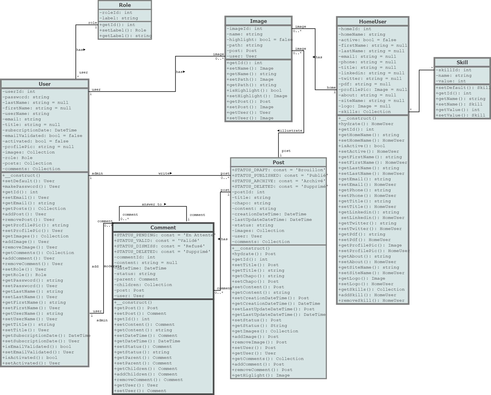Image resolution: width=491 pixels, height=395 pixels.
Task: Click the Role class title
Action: (125, 5)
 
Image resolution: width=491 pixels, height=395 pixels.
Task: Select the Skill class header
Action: (462, 62)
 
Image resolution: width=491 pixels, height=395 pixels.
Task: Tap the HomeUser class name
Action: (373, 22)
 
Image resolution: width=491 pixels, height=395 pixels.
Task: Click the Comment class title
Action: (163, 227)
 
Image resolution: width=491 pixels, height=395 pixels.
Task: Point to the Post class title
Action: (278, 162)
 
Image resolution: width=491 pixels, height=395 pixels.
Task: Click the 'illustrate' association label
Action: (290, 131)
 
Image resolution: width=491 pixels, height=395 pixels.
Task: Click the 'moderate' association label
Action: (112, 266)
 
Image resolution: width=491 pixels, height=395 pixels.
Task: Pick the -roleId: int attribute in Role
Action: (116, 13)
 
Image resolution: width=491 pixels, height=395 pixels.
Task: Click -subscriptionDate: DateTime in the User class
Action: (40, 130)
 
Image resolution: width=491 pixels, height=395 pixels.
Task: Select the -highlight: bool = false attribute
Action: (259, 40)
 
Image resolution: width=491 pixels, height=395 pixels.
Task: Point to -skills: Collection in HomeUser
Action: (365, 112)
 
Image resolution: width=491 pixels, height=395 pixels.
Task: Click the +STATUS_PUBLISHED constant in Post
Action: (280, 176)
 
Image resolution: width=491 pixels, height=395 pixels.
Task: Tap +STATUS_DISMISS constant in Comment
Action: (159, 246)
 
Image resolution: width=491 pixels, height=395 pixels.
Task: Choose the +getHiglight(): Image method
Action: (261, 375)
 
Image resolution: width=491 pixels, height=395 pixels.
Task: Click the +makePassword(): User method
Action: (31, 187)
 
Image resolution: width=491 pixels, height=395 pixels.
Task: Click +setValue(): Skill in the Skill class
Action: (460, 115)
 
